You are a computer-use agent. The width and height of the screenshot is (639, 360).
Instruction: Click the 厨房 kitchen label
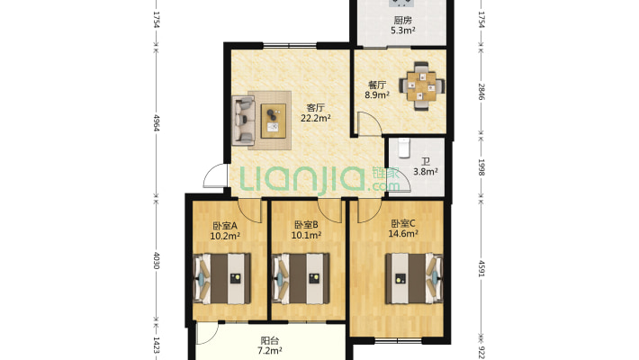402,20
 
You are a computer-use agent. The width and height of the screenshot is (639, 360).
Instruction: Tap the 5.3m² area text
402,31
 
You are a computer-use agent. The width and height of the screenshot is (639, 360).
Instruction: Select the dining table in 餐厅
419,86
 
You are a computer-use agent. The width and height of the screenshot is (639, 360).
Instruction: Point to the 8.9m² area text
376,94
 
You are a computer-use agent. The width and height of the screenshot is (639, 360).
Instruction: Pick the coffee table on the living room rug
273,120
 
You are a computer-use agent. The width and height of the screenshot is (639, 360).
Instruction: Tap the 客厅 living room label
316,107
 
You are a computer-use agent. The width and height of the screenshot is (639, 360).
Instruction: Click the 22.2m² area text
316,118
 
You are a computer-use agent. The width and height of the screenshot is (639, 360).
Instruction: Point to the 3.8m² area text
425,172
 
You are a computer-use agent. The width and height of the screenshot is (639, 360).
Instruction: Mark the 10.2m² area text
224,237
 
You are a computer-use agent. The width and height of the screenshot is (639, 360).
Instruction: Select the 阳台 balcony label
269,341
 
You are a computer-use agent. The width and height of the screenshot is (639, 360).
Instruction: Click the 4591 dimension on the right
481,271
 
